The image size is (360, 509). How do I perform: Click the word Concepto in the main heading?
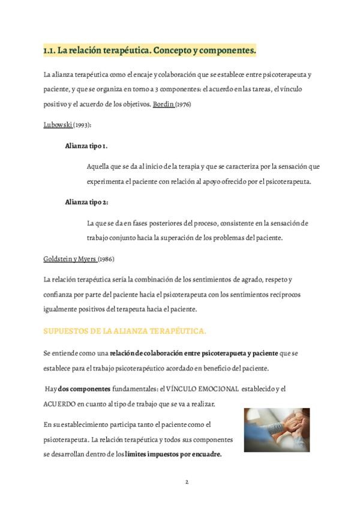pyautogui.click(x=171, y=51)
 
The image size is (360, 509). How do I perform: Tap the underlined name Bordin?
pyautogui.click(x=163, y=104)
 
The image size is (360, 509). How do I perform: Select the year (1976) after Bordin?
pyautogui.click(x=185, y=104)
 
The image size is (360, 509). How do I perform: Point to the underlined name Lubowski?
pyautogui.click(x=58, y=124)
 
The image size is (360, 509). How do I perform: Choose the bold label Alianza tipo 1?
pyautogui.click(x=86, y=145)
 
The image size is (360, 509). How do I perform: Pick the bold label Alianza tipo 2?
pyautogui.click(x=86, y=202)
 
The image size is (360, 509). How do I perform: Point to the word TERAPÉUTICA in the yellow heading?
pyautogui.click(x=179, y=331)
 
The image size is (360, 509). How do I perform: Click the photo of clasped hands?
pyautogui.click(x=277, y=429)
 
